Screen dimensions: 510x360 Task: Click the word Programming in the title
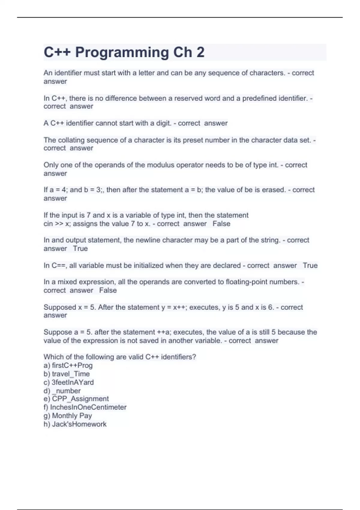122,52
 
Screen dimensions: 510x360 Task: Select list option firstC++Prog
72,365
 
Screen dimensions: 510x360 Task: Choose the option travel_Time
71,374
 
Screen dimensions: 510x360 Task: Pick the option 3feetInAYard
73,382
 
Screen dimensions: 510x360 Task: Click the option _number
66,391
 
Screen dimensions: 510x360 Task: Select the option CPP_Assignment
80,399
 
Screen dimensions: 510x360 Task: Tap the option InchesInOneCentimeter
88,407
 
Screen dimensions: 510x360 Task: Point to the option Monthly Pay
72,415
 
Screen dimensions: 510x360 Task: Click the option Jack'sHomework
79,424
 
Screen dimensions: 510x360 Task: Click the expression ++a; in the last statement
164,332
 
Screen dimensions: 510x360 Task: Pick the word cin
48,224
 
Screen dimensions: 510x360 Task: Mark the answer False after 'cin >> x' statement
221,224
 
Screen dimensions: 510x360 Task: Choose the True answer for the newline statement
80,249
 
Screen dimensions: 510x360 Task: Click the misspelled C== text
59,265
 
